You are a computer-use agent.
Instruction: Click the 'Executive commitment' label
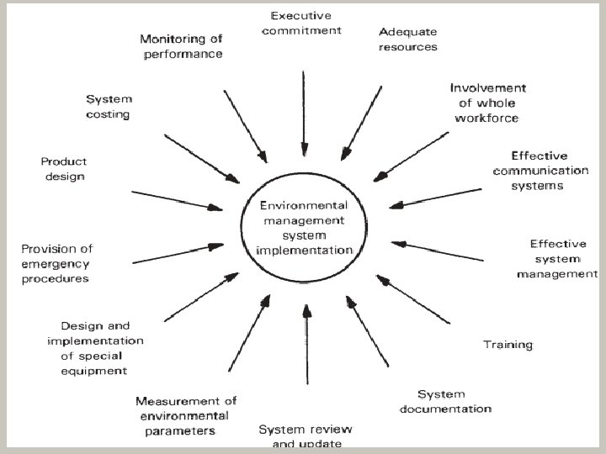pyautogui.click(x=302, y=23)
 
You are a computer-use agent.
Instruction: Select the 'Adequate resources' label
pyautogui.click(x=408, y=40)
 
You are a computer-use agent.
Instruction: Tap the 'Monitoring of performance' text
pyautogui.click(x=181, y=46)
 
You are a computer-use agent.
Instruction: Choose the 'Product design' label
pyautogui.click(x=63, y=169)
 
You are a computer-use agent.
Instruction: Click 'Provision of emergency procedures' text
pyautogui.click(x=56, y=263)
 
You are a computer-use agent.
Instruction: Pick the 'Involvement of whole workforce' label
pyautogui.click(x=487, y=103)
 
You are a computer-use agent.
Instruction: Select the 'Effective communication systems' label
pyautogui.click(x=540, y=171)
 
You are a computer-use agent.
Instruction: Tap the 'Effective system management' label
pyautogui.click(x=558, y=258)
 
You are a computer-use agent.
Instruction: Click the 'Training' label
pyautogui.click(x=508, y=344)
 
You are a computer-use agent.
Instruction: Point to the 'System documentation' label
pyautogui.click(x=445, y=401)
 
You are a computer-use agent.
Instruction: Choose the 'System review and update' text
pyautogui.click(x=300, y=436)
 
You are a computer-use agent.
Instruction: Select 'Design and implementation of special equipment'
pyautogui.click(x=95, y=347)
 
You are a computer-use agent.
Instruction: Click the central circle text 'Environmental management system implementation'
pyautogui.click(x=304, y=227)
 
